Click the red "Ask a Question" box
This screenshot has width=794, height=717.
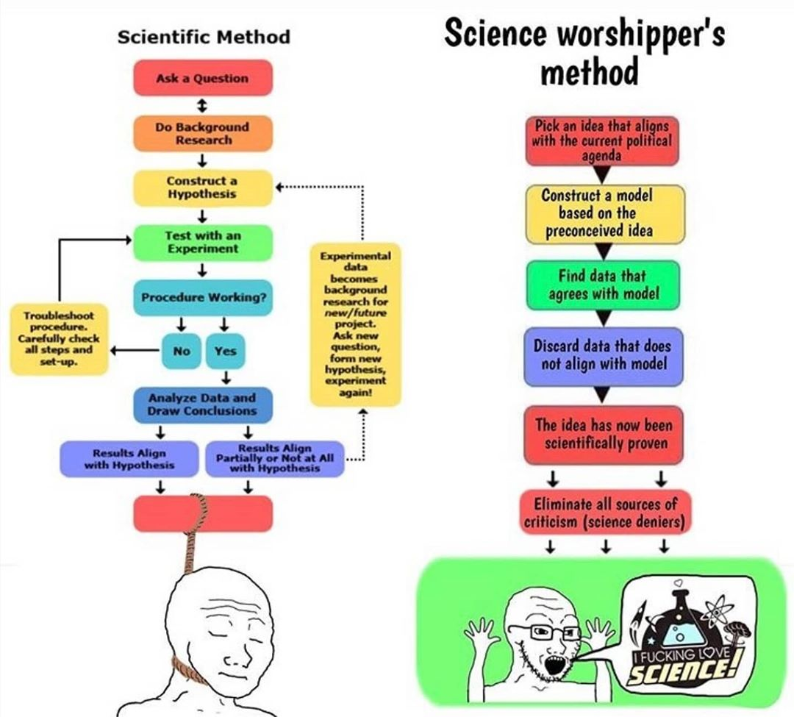[x=202, y=78]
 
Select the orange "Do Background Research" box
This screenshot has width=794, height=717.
[x=202, y=133]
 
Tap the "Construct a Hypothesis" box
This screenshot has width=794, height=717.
[x=202, y=187]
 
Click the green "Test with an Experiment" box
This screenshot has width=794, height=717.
[x=202, y=242]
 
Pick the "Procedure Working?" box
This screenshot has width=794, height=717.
[x=202, y=298]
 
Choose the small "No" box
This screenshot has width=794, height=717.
[x=181, y=351]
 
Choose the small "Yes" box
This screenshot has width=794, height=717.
[x=225, y=351]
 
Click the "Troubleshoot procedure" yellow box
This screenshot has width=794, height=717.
[x=59, y=338]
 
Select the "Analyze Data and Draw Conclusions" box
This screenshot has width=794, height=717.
[x=202, y=404]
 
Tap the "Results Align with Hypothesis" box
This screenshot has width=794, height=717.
[x=129, y=459]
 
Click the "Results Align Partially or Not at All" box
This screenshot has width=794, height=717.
[x=275, y=459]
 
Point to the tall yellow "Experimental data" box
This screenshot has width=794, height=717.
[x=355, y=324]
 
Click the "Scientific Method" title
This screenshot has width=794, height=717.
[x=204, y=37]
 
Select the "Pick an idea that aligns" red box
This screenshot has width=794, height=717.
[x=602, y=140]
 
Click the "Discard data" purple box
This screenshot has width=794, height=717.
[x=602, y=356]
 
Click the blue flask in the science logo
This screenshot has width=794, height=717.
[x=679, y=624]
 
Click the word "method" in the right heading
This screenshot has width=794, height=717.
[x=588, y=71]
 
